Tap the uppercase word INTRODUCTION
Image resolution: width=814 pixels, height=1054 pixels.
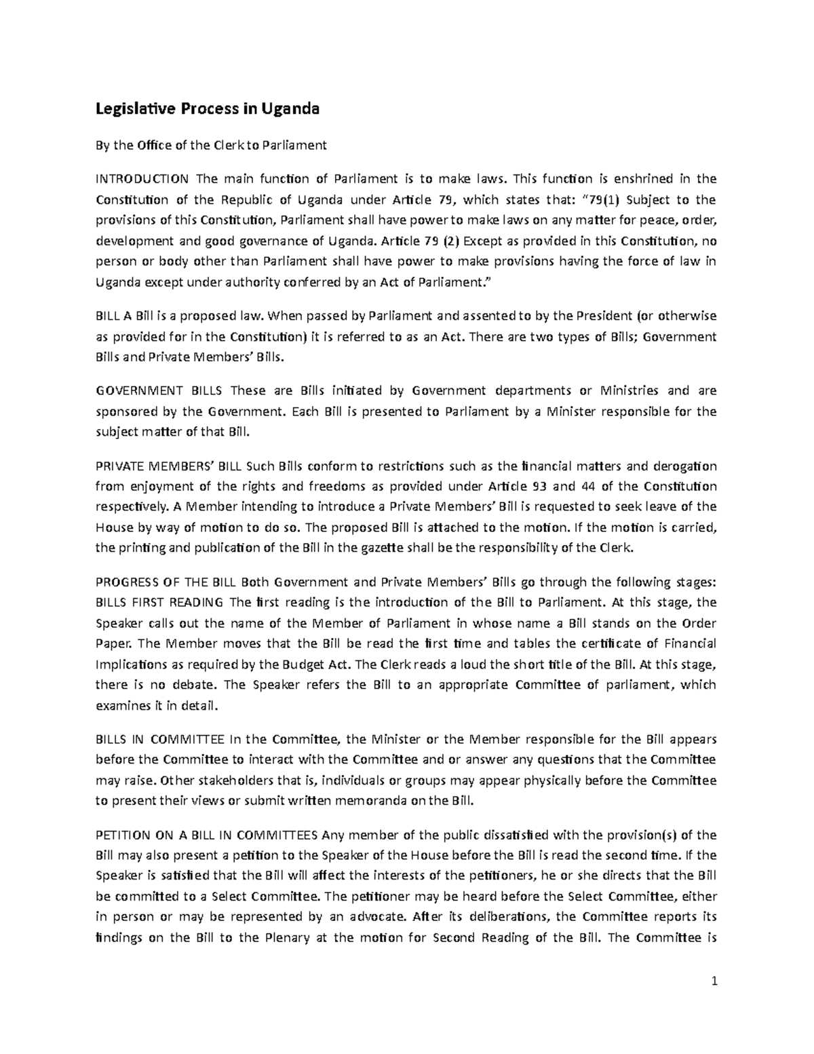click(142, 179)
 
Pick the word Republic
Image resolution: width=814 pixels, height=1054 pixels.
click(262, 200)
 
